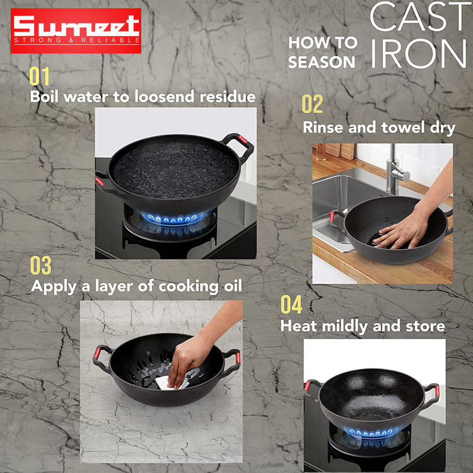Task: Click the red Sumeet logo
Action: pos(76,31)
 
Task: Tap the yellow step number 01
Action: pos(39,76)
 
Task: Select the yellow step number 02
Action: pos(312,104)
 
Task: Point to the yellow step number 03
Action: pos(41,265)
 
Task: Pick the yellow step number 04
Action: pos(291,305)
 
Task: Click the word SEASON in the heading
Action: pos(322,62)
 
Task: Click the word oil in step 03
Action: pos(233,286)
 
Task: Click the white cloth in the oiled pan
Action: pos(170,383)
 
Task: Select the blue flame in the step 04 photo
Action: pos(372,432)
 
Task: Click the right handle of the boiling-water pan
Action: pos(238,147)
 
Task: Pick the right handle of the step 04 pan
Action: pos(431,395)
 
